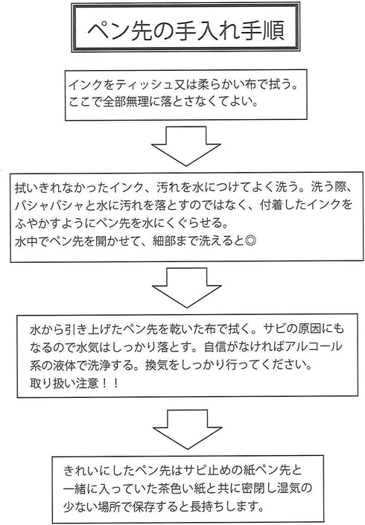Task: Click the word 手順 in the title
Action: coord(265,31)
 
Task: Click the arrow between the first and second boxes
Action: coord(185,146)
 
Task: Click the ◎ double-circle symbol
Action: coord(250,241)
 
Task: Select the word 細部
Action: coord(164,241)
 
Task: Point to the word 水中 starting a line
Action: coord(26,241)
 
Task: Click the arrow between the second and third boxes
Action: coord(186,287)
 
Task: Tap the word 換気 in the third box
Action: coord(156,364)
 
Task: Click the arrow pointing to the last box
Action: coord(187,430)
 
